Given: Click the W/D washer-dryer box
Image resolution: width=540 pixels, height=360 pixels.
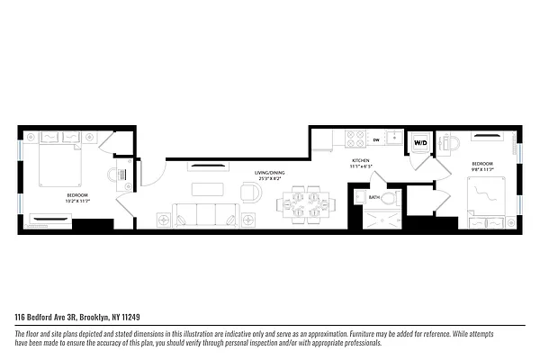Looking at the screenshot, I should [419, 143].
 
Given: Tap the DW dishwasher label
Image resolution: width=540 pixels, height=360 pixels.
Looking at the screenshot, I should [375, 140].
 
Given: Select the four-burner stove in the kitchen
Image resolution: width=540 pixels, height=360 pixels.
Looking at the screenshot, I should [354, 140].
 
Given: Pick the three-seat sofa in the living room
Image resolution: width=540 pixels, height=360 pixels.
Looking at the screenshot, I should [205, 214].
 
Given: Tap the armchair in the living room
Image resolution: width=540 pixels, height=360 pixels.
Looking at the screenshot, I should [249, 191].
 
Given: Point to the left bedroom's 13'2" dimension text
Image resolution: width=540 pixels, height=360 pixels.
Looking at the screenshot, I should [77, 201].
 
